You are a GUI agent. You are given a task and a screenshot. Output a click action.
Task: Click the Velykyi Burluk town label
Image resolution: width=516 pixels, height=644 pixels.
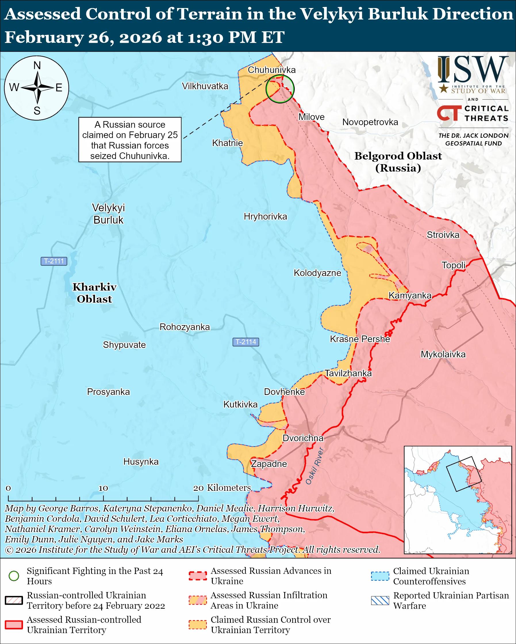(108, 214)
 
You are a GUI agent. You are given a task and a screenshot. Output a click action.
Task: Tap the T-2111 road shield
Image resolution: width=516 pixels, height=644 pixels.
(54, 261)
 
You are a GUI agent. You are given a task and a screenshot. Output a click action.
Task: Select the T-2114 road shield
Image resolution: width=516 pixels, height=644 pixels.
(245, 342)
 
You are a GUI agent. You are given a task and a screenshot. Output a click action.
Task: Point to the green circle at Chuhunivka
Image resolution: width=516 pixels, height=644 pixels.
(280, 89)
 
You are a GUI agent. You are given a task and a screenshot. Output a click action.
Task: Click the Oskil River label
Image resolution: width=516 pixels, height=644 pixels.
(314, 466)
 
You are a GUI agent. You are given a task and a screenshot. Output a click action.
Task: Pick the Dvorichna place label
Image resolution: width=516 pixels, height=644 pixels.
(303, 438)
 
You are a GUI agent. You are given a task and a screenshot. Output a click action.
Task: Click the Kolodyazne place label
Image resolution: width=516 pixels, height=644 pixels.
(317, 273)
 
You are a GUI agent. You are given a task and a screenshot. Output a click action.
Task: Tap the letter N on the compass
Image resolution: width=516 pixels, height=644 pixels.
(37, 65)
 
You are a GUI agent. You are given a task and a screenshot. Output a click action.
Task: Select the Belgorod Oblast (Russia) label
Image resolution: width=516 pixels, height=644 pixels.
(398, 162)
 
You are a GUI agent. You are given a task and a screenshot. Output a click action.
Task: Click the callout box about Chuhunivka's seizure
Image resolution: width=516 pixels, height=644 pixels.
(130, 140)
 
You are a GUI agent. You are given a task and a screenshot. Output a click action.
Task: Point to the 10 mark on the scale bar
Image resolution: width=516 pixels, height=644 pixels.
(103, 488)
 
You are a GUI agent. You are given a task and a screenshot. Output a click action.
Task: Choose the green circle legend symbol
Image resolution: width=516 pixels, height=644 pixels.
(14, 576)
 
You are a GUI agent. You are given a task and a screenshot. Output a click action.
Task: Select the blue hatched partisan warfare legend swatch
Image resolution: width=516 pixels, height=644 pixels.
(380, 600)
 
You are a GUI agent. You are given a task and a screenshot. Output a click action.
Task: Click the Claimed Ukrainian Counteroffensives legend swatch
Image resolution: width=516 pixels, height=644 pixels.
(380, 576)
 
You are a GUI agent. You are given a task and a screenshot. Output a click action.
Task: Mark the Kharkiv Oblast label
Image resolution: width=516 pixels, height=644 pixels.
(95, 293)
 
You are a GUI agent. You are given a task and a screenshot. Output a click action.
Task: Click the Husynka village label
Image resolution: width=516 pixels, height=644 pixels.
(141, 461)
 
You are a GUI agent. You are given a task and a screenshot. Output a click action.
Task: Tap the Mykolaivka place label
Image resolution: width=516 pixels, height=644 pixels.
(443, 354)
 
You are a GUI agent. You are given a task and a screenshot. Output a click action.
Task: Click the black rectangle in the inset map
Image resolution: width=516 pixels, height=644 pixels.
(464, 474)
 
